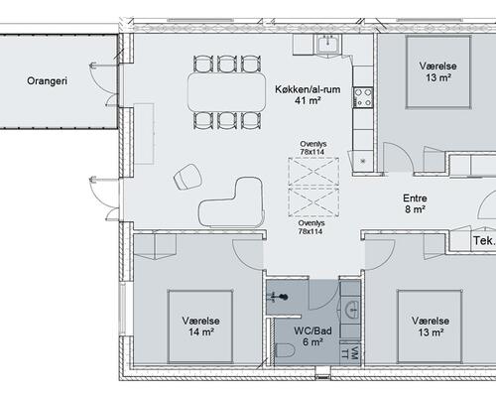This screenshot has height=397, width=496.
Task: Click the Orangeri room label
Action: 47,81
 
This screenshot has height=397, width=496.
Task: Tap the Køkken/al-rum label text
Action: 308,89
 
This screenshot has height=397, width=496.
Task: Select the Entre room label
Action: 415,198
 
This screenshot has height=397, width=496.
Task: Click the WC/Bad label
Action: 312,331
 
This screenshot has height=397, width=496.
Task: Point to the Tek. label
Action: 484,240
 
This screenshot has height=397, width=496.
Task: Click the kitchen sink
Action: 327,45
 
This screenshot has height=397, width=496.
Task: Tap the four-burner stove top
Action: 363,97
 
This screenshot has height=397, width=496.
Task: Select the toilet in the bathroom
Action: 285,350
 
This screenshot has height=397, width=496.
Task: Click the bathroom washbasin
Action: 351,311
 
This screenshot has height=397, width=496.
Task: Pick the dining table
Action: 227,92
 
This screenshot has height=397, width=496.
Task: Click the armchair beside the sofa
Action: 187,177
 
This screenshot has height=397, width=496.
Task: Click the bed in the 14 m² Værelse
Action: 200,327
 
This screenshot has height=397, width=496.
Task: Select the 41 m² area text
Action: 308,100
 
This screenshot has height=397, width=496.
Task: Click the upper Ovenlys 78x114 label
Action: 312,148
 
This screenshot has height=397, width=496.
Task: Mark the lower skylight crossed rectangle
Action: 313,201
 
